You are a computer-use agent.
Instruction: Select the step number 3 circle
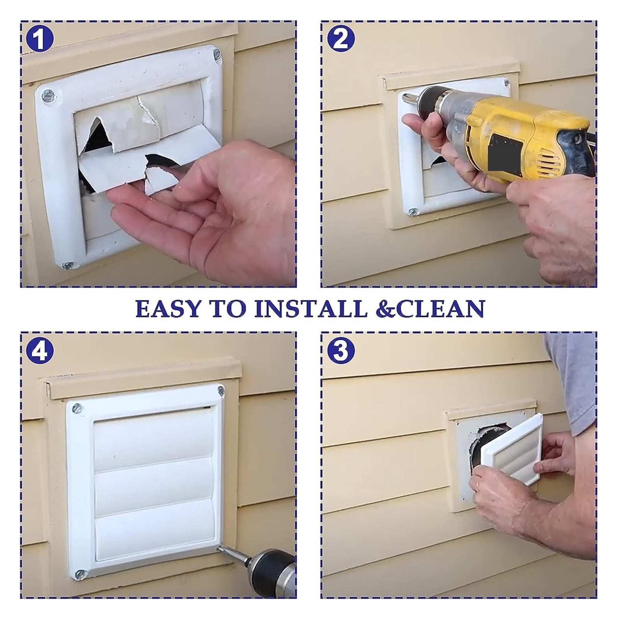tap(341, 350)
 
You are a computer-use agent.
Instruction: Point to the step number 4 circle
tap(39, 350)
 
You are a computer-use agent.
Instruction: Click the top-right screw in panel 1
tap(217, 54)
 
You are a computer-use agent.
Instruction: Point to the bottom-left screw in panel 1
tap(68, 265)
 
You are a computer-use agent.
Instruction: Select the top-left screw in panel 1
tap(48, 95)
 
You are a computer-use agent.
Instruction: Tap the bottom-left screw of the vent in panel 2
tap(413, 212)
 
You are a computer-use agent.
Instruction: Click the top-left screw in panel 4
tap(77, 407)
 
